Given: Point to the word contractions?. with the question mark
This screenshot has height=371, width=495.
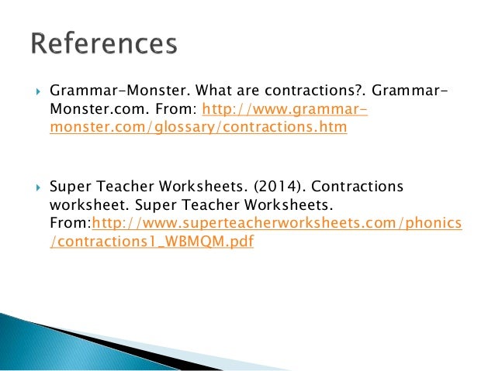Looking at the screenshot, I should [x=303, y=93].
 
